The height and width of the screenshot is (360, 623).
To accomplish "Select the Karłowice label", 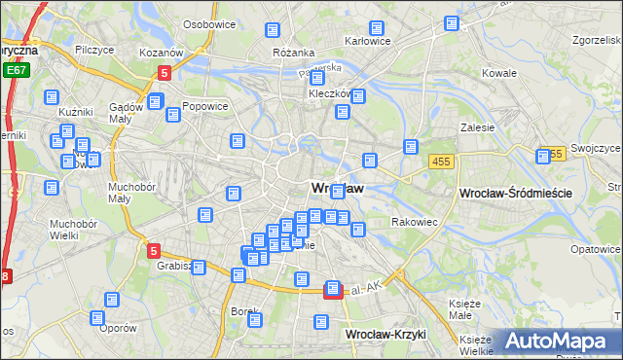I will point(369,42).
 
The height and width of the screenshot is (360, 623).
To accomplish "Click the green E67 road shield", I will point(15,71).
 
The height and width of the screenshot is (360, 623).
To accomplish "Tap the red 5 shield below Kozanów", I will point(165,72).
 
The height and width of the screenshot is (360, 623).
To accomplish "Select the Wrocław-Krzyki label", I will point(386,334).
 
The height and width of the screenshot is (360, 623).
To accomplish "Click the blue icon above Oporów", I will point(97,317).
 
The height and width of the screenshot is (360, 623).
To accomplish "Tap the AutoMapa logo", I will point(557,342).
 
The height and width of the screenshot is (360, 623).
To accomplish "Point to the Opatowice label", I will point(596,249).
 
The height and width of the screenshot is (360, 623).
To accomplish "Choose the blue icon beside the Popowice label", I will point(173,114).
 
